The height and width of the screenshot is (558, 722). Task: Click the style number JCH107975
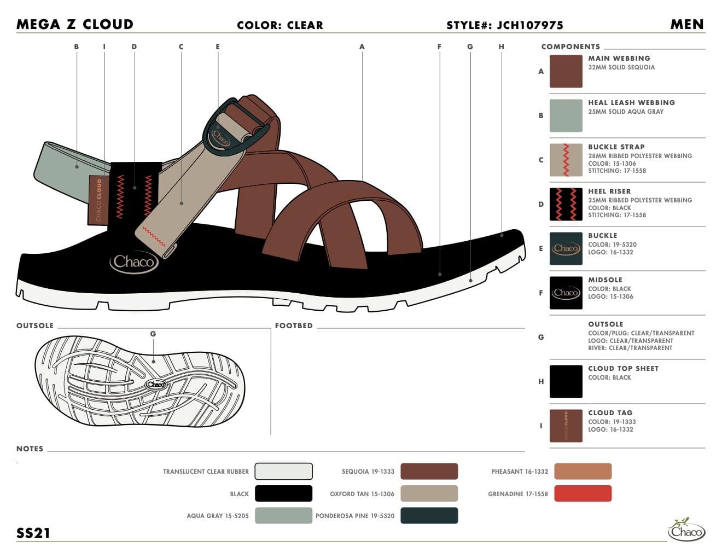529,25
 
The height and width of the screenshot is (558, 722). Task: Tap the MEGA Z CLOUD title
75,24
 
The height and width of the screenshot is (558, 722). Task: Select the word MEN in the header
687,24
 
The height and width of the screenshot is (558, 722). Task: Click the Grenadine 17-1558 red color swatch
583,493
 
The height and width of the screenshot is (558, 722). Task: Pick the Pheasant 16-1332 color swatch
583,471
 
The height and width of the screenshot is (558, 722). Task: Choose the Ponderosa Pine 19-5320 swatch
429,515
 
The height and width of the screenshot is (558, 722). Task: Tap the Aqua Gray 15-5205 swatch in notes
283,515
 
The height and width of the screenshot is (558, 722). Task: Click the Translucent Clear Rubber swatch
283,471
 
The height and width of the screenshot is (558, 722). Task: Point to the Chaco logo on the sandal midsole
134,262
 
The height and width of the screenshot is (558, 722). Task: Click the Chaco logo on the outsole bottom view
155,385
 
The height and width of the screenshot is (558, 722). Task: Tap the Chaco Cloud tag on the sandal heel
98,200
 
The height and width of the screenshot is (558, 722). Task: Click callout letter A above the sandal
362,47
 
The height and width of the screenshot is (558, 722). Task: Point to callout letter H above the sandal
502,47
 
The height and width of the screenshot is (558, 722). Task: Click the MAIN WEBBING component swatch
566,71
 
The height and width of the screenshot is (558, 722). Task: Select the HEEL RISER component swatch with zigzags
566,204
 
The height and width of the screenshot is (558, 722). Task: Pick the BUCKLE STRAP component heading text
616,147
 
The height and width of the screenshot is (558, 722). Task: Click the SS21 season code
33,533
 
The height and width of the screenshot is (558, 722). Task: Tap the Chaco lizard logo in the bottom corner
686,529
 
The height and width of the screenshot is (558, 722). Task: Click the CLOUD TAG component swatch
566,426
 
